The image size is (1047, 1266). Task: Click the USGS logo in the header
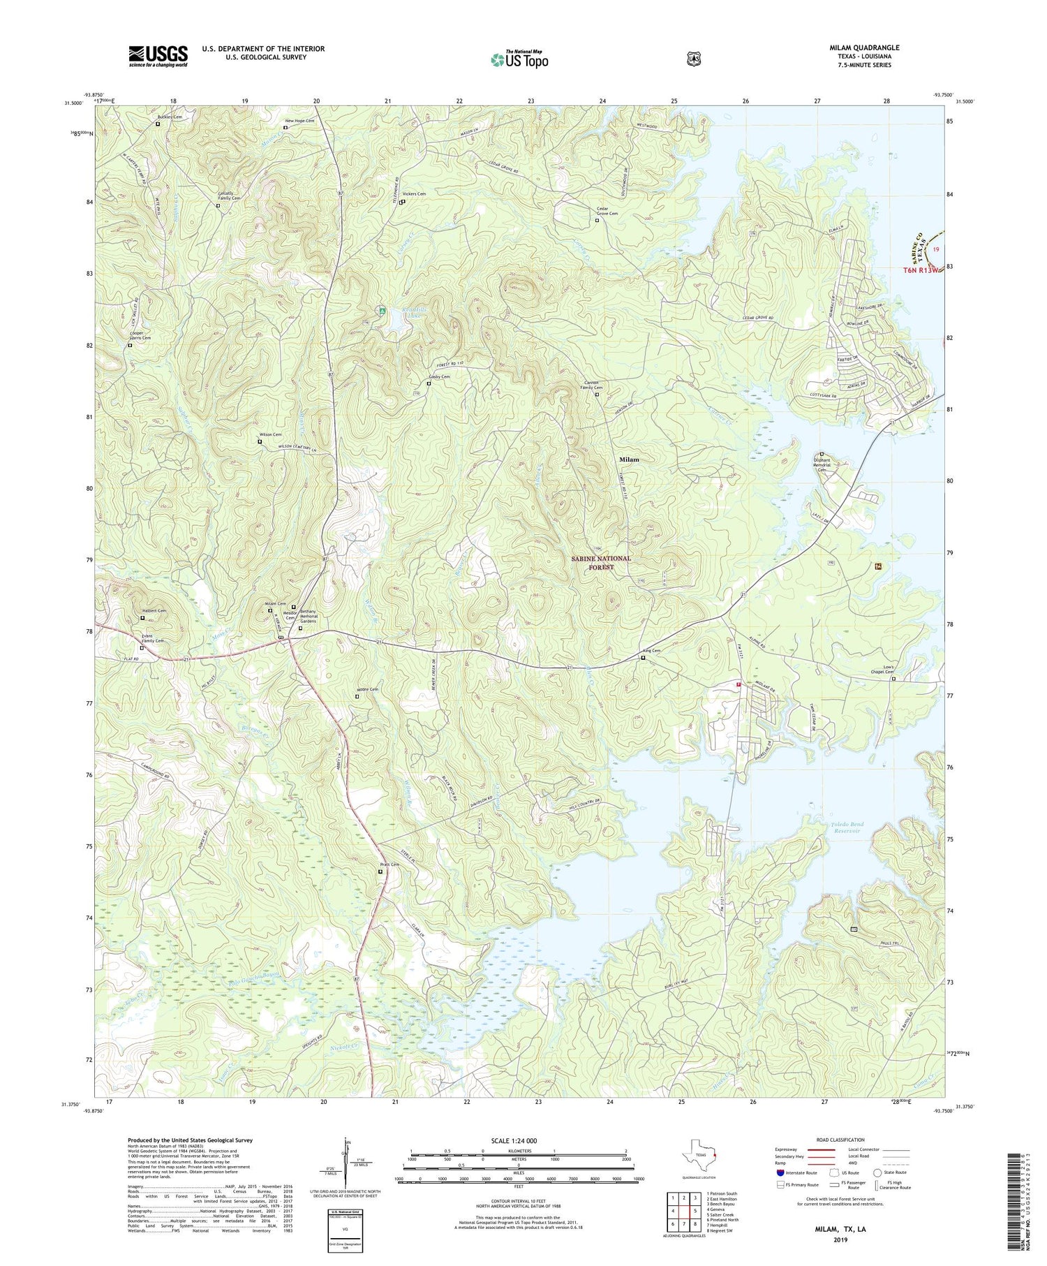click(158, 56)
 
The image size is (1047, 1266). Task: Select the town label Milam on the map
click(629, 459)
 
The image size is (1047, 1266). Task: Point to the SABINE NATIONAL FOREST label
click(600, 563)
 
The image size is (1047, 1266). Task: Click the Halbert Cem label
click(153, 611)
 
